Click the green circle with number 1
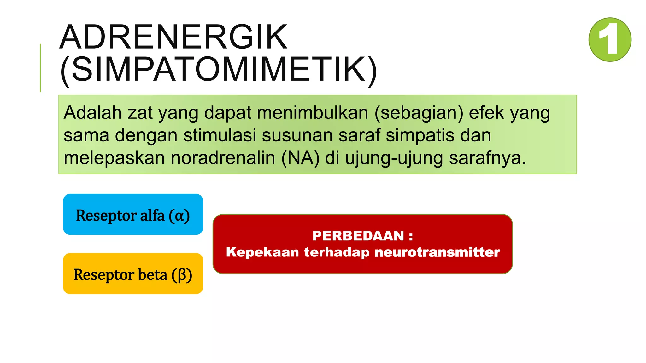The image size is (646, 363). pyautogui.click(x=610, y=39)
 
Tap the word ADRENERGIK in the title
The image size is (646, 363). pyautogui.click(x=173, y=37)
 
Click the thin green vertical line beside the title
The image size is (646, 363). pyautogui.click(x=40, y=68)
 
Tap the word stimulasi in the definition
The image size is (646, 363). pyautogui.click(x=220, y=135)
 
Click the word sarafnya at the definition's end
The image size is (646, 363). pyautogui.click(x=487, y=158)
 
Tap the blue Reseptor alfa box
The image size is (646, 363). pyautogui.click(x=133, y=215)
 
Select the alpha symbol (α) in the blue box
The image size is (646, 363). pyautogui.click(x=179, y=216)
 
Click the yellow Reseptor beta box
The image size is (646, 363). pyautogui.click(x=133, y=274)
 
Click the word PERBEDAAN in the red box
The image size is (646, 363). pyautogui.click(x=358, y=236)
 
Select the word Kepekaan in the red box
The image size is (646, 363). pyautogui.click(x=262, y=252)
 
